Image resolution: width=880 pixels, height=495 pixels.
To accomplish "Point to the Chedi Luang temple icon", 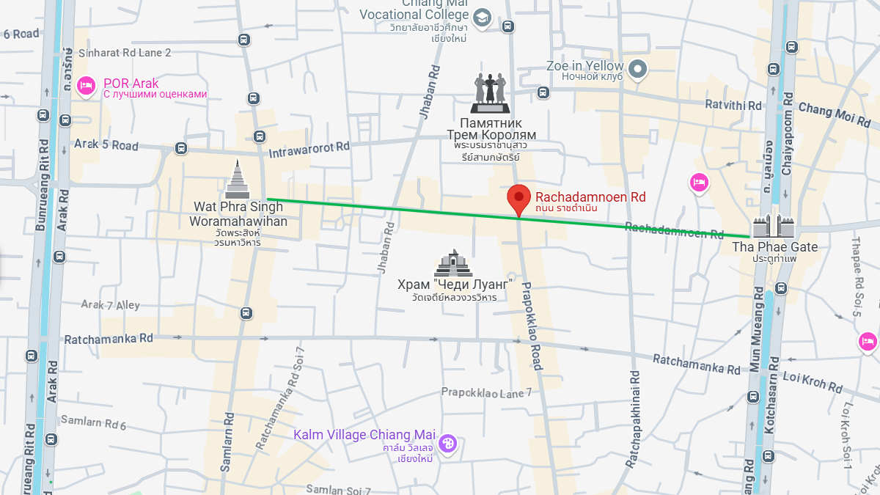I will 452,263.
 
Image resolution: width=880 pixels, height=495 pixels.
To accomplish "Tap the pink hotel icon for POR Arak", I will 86,86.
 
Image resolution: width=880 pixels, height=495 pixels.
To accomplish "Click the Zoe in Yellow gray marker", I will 639,69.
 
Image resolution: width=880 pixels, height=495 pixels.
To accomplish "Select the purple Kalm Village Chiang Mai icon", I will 447,443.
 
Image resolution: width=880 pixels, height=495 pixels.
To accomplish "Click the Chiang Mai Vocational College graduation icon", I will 482,18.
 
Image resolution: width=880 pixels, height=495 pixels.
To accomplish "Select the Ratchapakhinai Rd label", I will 632,419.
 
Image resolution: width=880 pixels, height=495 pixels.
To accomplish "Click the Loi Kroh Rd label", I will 813,381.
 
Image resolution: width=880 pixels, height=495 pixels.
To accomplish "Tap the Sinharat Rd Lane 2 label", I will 125,53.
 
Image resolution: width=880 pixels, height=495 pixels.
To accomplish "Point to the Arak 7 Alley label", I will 110,304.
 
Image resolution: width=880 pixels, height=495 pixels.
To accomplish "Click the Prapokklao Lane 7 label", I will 486,392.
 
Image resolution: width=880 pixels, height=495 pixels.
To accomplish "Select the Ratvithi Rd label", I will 733,106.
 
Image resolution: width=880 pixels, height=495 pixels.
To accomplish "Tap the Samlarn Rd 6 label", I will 93,423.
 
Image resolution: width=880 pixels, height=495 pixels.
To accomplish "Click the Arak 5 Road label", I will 106,145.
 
